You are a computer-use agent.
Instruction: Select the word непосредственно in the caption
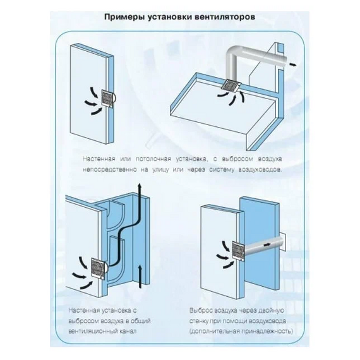(114, 170)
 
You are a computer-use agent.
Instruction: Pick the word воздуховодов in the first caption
(260, 170)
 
